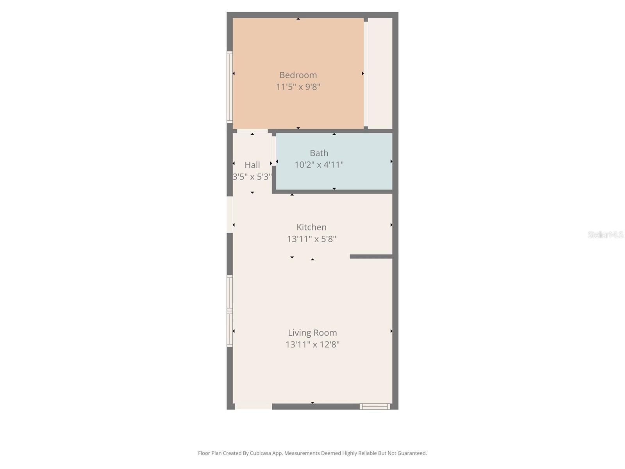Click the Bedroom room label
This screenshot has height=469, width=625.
pyautogui.click(x=298, y=75)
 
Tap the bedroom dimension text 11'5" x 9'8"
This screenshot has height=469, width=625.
pyautogui.click(x=298, y=86)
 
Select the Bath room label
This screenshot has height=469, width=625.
pyautogui.click(x=319, y=153)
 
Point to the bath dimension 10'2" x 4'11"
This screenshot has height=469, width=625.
pyautogui.click(x=319, y=165)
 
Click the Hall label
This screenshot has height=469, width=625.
pyautogui.click(x=252, y=165)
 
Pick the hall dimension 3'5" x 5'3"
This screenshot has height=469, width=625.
pyautogui.click(x=252, y=177)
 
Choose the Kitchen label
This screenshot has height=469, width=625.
pyautogui.click(x=311, y=227)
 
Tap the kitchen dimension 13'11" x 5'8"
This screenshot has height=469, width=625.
pyautogui.click(x=311, y=239)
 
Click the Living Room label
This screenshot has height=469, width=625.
pyautogui.click(x=312, y=333)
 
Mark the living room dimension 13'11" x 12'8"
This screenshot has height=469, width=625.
pyautogui.click(x=312, y=344)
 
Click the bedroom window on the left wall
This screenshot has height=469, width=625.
pyautogui.click(x=230, y=87)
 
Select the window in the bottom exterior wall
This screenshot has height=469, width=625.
pyautogui.click(x=375, y=406)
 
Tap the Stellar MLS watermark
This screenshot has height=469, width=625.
pyautogui.click(x=605, y=234)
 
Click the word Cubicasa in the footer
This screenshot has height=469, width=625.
pyautogui.click(x=260, y=453)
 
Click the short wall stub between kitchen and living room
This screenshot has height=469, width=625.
pyautogui.click(x=371, y=256)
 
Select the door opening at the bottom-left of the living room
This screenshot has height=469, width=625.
pyautogui.click(x=253, y=406)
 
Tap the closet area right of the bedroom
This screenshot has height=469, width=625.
pyautogui.click(x=380, y=73)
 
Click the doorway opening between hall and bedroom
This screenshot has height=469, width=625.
pyautogui.click(x=252, y=131)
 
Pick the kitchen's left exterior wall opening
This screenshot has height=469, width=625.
pyautogui.click(x=230, y=215)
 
